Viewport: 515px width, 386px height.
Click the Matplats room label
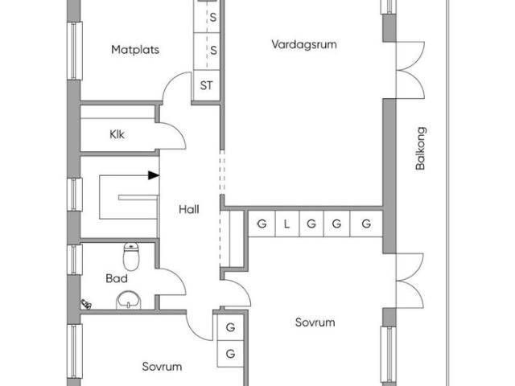pos(135,50)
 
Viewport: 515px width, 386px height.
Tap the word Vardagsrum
pos(304,45)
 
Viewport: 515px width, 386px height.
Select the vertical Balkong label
pos(420,148)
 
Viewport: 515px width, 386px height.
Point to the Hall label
pos(189,209)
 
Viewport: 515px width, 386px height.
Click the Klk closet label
pos(117,134)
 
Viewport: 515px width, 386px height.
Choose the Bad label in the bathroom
pos(117,279)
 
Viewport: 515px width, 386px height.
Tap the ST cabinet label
pos(206,86)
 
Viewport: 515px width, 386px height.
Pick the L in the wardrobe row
pos(286,224)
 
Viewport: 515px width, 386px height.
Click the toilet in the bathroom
pos(131,257)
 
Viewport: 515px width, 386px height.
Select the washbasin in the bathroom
pos(129,300)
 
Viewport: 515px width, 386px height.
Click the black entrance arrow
pos(154,175)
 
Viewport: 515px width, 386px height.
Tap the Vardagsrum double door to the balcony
pos(410,70)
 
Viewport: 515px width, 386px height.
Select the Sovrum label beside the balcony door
pos(315,322)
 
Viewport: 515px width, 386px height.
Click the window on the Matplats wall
pos(75,51)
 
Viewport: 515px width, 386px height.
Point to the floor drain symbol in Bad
pos(86,304)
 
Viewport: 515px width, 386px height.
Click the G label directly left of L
pos(262,224)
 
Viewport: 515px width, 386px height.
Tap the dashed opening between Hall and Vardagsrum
pos(222,171)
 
